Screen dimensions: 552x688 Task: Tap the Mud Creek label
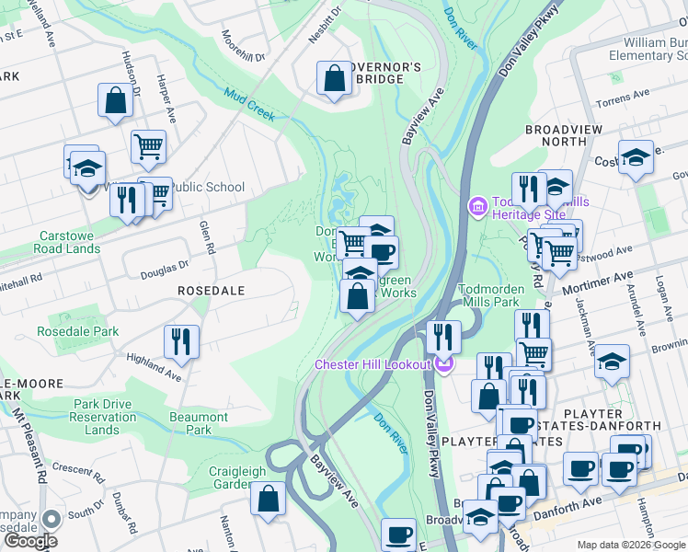click(249, 104)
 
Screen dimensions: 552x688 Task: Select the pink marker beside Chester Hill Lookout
click(445, 365)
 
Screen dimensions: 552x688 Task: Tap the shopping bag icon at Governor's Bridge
click(333, 79)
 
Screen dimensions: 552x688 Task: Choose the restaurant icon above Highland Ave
click(181, 341)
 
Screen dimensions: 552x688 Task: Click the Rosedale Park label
click(78, 331)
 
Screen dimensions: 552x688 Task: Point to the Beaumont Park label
click(199, 423)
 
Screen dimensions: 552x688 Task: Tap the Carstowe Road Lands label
click(68, 242)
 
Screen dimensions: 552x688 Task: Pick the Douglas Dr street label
click(164, 269)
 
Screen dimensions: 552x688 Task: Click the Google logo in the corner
click(29, 540)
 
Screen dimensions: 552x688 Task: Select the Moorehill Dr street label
click(244, 45)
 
